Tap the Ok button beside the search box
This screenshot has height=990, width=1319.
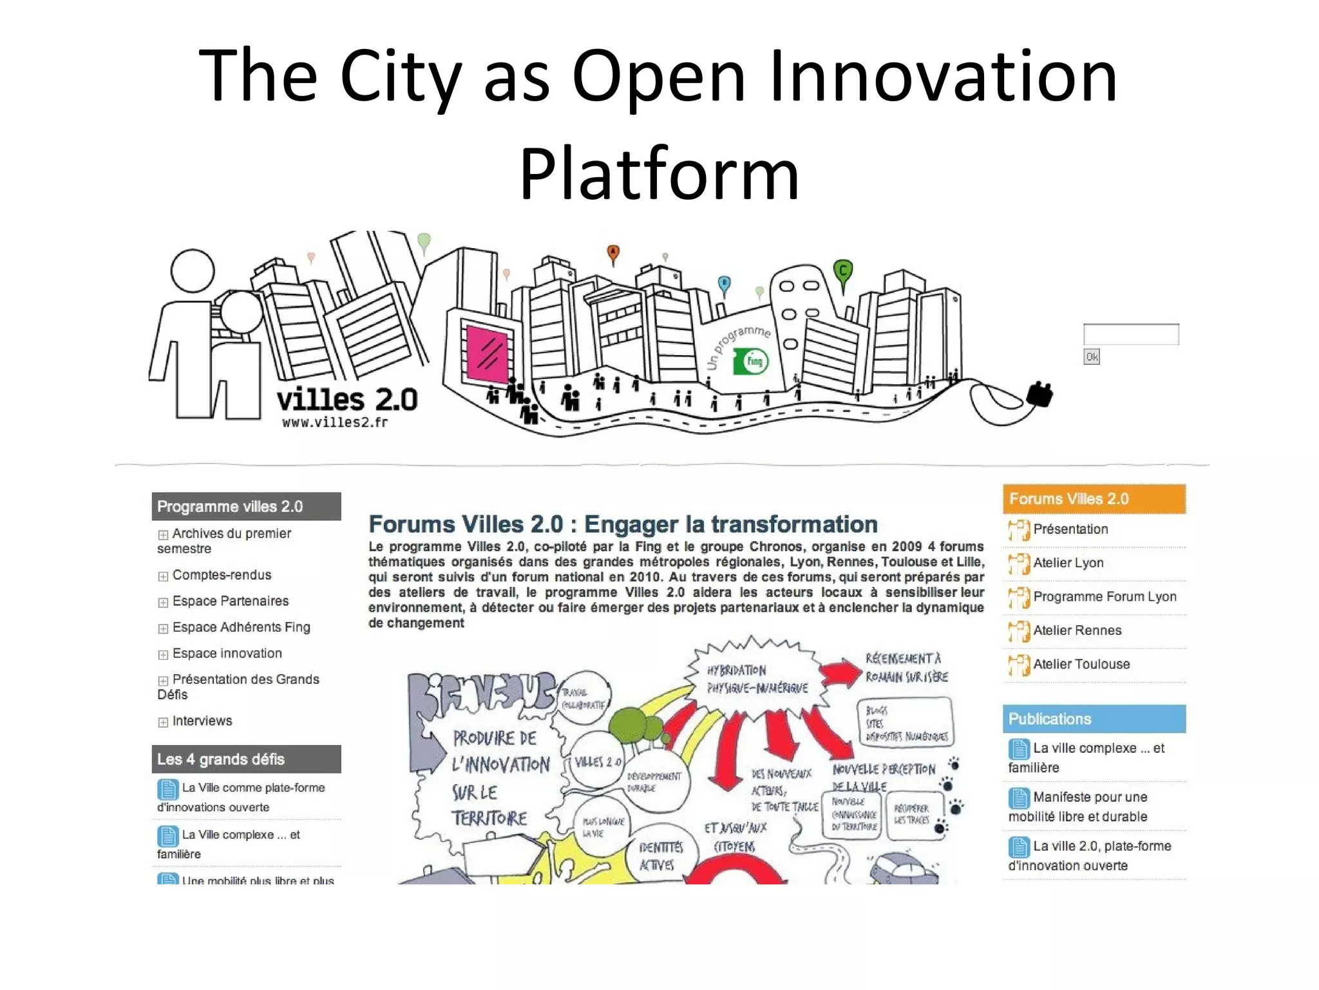pyautogui.click(x=1092, y=356)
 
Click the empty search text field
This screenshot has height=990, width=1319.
pyautogui.click(x=1131, y=335)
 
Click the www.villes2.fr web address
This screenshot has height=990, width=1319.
pyautogui.click(x=335, y=422)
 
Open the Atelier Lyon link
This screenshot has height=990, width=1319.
pyautogui.click(x=1068, y=563)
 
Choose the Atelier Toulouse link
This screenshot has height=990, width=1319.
pyautogui.click(x=1081, y=664)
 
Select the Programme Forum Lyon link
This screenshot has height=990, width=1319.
pyautogui.click(x=1104, y=596)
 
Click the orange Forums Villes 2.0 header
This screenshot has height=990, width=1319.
pyautogui.click(x=1094, y=499)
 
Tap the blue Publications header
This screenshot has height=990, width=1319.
pyautogui.click(x=1094, y=719)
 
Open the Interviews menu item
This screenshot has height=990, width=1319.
pyautogui.click(x=202, y=721)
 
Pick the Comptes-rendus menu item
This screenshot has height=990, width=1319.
pyautogui.click(x=221, y=575)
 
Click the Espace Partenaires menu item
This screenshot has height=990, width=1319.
pyautogui.click(x=230, y=601)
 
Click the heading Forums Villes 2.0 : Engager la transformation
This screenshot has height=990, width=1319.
pyautogui.click(x=623, y=524)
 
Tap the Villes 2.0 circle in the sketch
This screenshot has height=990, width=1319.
pyautogui.click(x=598, y=762)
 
